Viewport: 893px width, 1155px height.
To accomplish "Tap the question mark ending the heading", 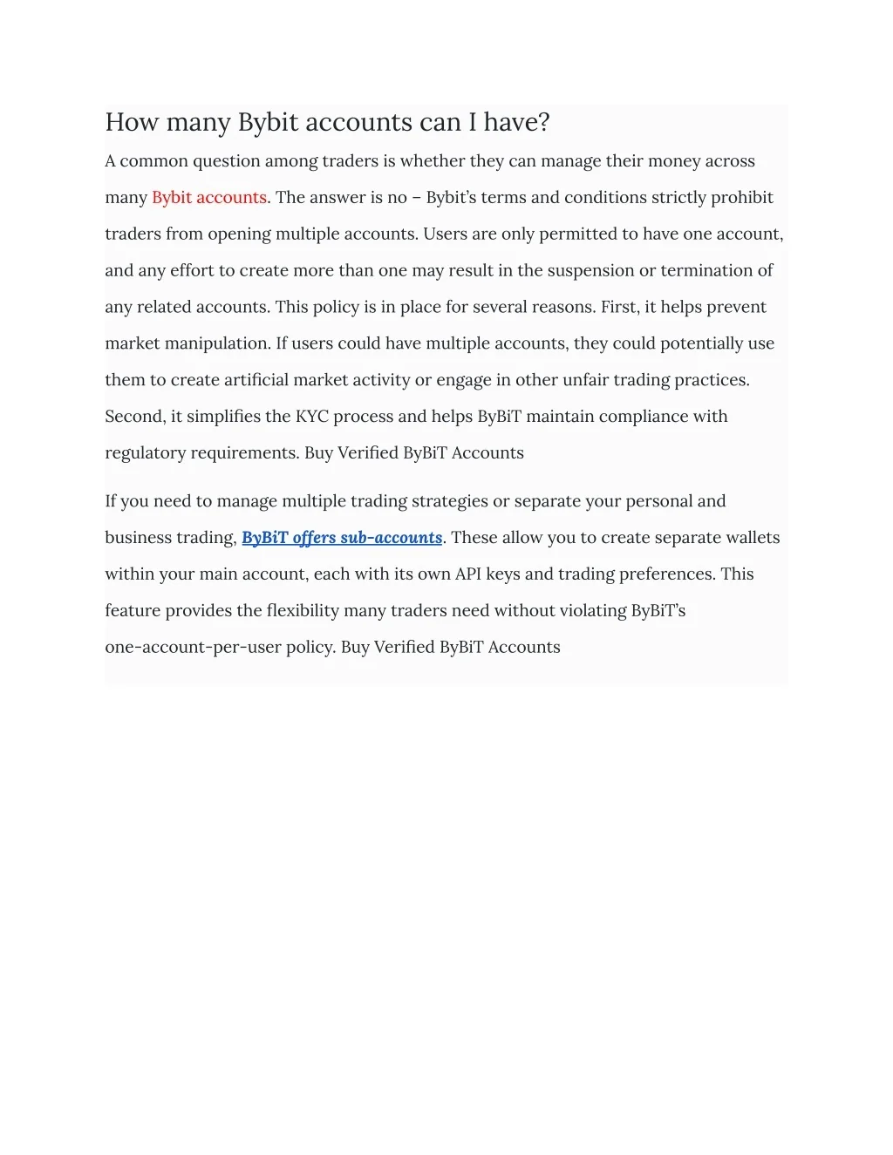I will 544,123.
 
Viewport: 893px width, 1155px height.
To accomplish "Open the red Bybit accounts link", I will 209,198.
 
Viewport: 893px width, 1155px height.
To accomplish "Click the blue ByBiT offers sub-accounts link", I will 342,538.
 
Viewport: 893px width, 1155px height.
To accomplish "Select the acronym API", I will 468,574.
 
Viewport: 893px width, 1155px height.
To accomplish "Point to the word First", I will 618,307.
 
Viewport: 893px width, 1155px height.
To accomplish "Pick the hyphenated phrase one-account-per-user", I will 193,648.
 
